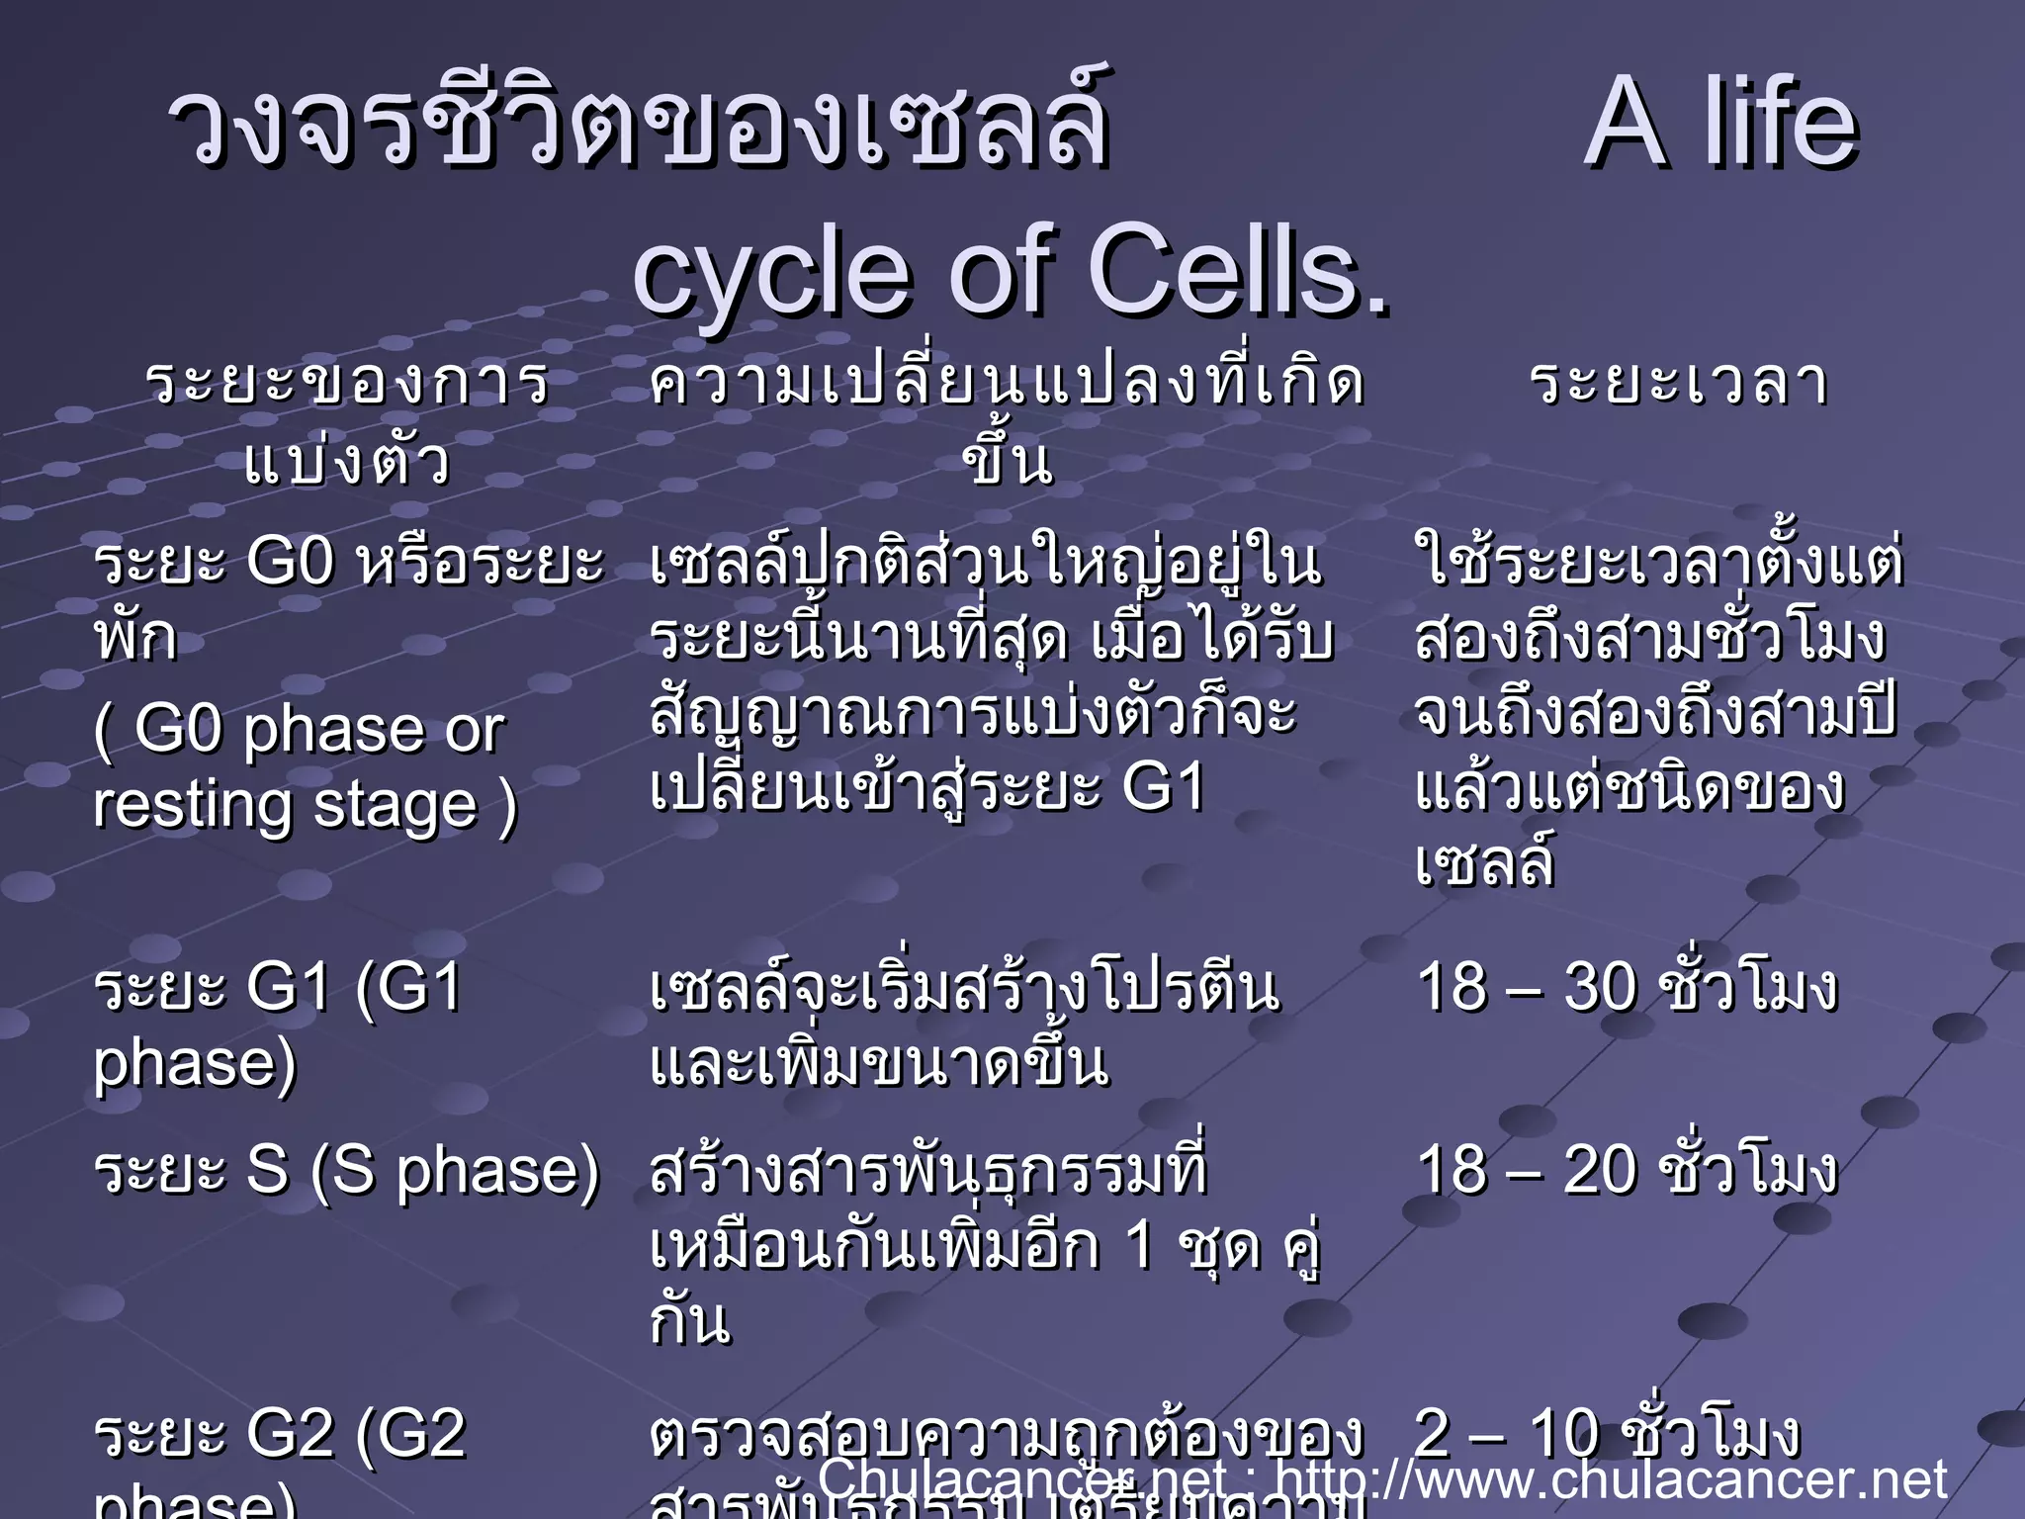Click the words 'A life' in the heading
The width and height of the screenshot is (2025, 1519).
coord(1720,125)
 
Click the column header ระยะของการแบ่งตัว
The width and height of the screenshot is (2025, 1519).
coord(347,421)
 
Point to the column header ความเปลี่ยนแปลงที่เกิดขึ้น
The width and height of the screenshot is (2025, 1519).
coord(1007,421)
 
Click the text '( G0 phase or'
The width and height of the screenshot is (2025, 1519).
coord(299,730)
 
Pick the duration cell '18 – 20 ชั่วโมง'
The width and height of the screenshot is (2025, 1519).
coord(1627,1169)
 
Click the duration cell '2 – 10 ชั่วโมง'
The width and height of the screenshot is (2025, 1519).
coord(1607,1433)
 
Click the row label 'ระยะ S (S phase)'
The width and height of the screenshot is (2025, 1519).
coord(346,1169)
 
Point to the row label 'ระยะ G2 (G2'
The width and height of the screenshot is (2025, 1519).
coord(280,1434)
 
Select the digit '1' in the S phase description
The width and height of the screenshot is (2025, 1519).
coord(1140,1245)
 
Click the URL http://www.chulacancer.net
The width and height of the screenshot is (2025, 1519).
coord(1612,1479)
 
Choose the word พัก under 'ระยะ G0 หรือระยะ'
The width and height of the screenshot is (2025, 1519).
coord(135,638)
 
